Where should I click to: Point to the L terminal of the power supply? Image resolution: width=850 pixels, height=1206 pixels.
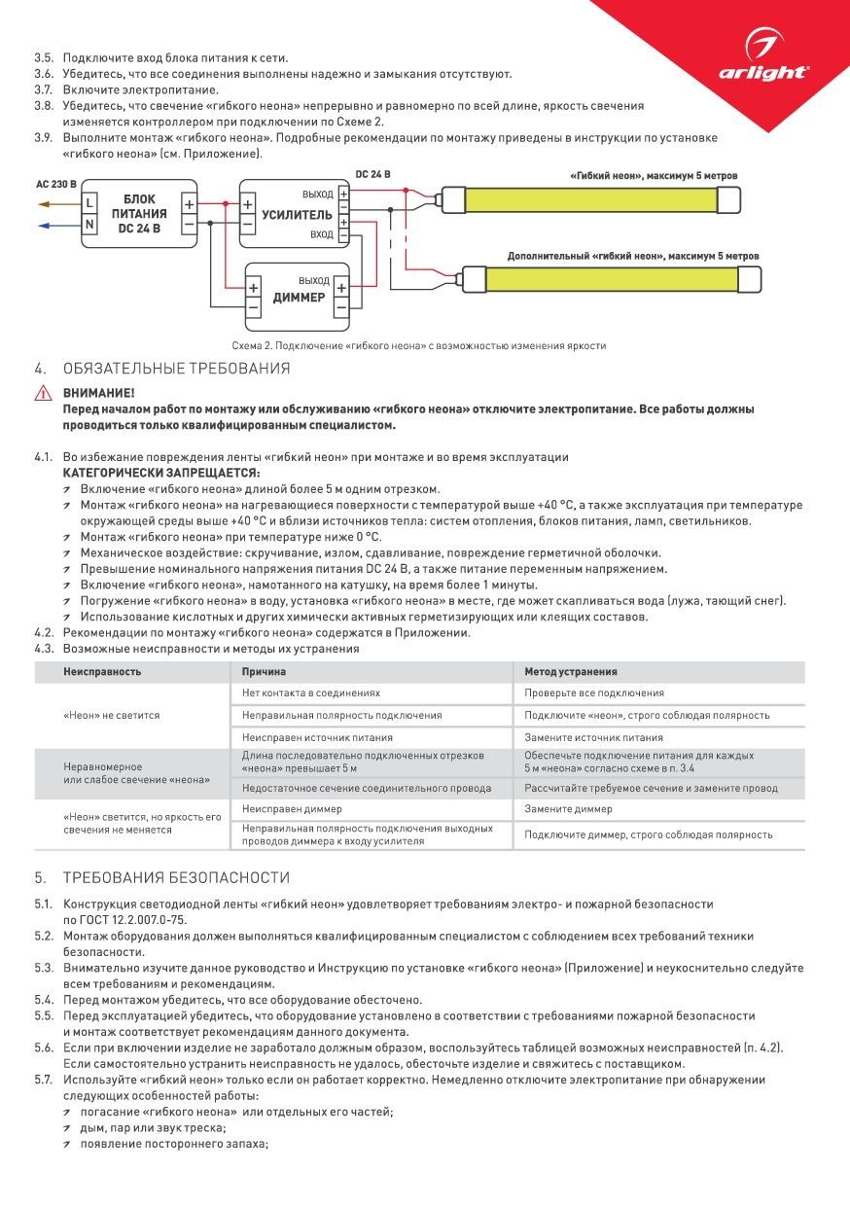click(x=89, y=202)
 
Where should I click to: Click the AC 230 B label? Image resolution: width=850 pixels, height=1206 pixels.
click(x=55, y=183)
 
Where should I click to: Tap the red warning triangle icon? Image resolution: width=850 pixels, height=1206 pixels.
click(x=44, y=394)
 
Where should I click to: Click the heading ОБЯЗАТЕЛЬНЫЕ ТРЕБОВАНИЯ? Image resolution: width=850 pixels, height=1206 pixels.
click(x=177, y=369)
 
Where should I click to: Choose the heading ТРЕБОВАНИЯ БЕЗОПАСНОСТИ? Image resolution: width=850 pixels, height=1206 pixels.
click(x=177, y=877)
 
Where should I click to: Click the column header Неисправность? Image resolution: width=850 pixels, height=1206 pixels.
click(x=103, y=671)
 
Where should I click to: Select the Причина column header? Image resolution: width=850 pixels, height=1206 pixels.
click(x=264, y=671)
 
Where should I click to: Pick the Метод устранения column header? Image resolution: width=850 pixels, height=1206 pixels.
click(x=570, y=671)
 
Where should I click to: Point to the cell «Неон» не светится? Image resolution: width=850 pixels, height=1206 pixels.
click(x=112, y=715)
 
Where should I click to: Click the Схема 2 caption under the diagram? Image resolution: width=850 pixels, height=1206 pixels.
click(x=419, y=346)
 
